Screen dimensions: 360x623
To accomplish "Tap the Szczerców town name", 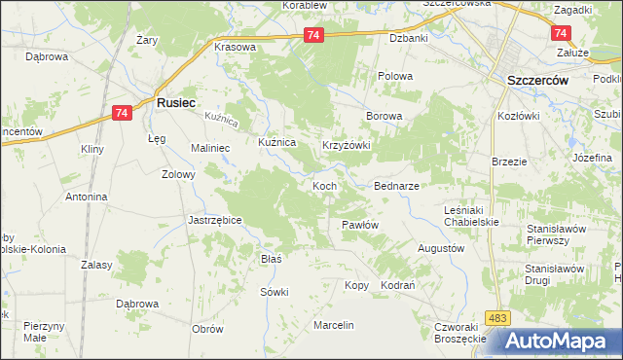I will tap(531, 82).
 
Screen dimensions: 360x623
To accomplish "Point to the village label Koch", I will tap(324, 185).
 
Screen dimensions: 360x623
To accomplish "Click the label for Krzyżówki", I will tap(347, 145).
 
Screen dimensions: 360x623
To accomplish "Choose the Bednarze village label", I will tap(397, 185).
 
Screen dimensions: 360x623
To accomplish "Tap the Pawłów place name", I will tap(359, 225).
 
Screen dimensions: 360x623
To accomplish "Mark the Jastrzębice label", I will tap(214, 220).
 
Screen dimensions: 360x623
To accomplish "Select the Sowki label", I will tap(274, 292).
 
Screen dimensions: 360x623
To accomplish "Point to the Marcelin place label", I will tap(333, 324).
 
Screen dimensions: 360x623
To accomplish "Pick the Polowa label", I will tap(395, 76).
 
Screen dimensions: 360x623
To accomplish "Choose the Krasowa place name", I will tap(235, 47).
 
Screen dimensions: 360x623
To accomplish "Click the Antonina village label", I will tap(86, 197).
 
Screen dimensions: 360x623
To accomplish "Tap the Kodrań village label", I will tap(398, 285).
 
